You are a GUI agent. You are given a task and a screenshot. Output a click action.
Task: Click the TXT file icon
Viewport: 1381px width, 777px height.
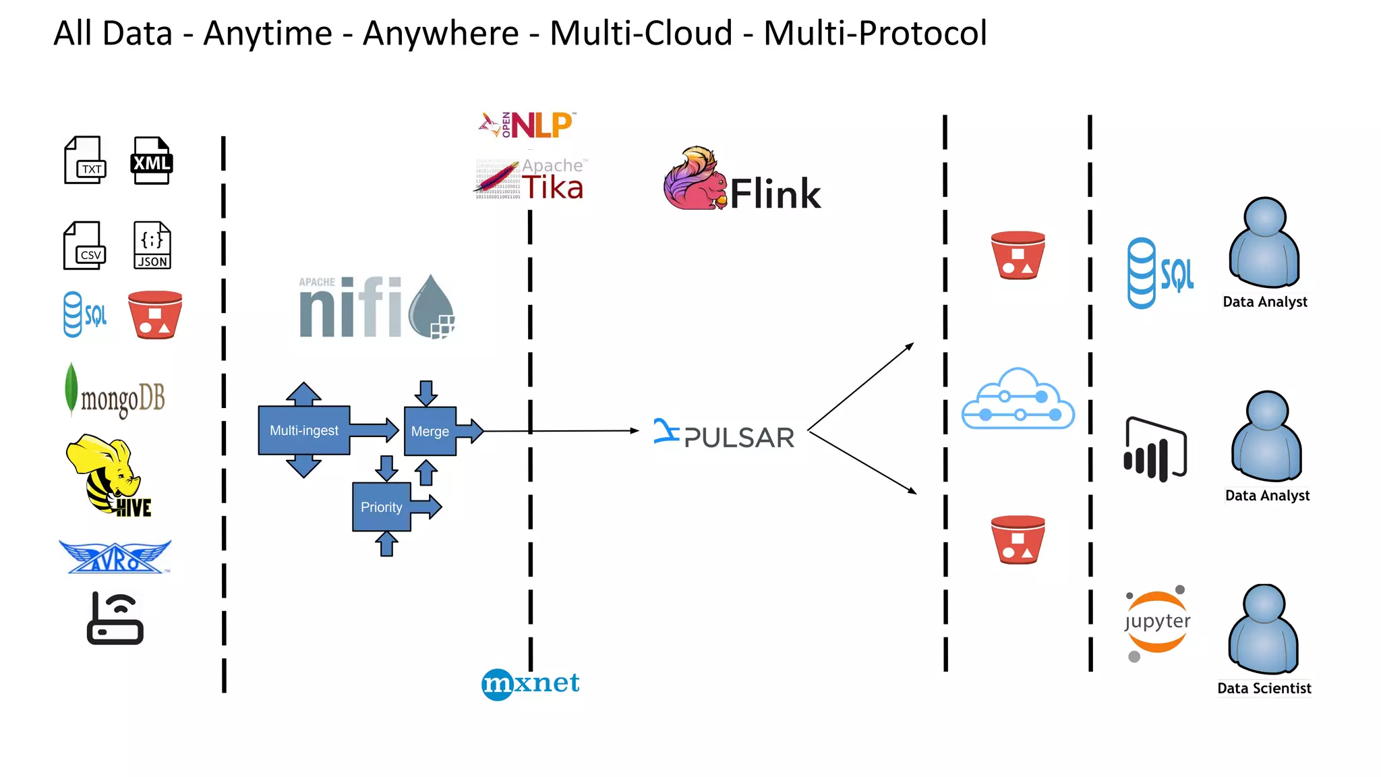click(85, 161)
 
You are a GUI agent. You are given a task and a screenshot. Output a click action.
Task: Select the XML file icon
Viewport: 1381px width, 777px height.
click(151, 161)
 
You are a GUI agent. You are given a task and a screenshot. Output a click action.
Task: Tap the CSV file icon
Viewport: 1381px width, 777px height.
click(85, 246)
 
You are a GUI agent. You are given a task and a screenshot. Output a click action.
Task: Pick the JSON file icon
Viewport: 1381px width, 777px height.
click(152, 246)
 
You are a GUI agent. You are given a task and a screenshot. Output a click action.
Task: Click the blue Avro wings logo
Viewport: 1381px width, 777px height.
click(115, 557)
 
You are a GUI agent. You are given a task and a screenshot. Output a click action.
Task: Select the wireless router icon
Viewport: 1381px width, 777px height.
click(115, 618)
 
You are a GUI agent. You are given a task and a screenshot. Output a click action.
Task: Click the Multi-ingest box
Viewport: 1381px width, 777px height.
click(304, 430)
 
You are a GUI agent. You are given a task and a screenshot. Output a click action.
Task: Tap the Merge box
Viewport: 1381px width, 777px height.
click(430, 431)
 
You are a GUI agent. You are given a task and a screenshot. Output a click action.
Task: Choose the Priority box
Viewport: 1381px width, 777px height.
click(382, 507)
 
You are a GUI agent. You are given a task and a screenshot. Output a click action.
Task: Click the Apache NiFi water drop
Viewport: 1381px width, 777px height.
click(432, 307)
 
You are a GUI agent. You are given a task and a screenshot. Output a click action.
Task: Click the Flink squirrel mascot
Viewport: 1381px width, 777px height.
click(695, 180)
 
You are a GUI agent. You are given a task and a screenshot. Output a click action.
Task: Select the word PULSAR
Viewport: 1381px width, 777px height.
click(739, 438)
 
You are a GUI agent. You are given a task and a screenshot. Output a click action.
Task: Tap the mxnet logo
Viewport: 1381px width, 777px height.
click(531, 683)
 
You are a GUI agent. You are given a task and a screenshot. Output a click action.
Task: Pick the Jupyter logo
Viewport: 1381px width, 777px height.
click(1157, 622)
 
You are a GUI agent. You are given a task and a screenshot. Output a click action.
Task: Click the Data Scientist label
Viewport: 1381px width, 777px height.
click(1264, 689)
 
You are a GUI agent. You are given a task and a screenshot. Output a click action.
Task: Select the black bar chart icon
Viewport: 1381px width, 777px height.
click(1154, 450)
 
